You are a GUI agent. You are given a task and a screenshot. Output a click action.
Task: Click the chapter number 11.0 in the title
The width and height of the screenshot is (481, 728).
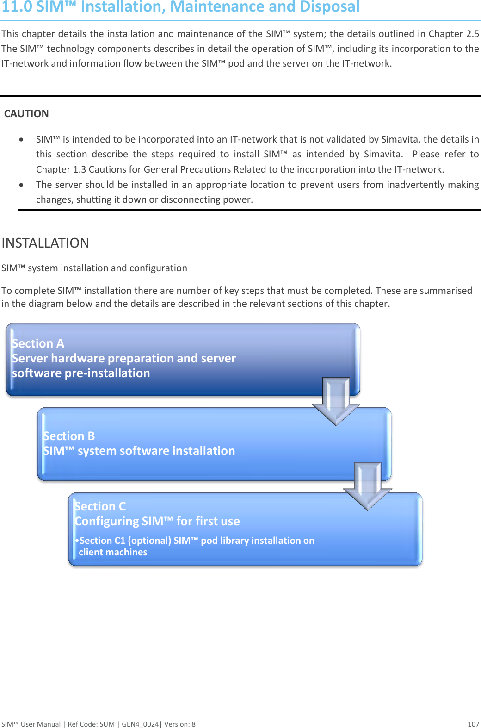17,7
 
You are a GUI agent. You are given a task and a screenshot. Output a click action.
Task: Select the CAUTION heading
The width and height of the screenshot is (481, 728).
26,114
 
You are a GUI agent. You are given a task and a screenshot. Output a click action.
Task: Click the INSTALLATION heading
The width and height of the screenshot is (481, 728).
45,243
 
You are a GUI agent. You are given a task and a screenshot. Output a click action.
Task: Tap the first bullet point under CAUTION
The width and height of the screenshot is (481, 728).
21,139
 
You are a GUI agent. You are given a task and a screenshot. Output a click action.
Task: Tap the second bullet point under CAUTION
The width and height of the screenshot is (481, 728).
21,185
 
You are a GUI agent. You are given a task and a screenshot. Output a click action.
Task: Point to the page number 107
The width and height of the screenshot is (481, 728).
473,724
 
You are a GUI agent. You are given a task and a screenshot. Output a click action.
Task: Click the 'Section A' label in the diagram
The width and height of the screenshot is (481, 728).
38,343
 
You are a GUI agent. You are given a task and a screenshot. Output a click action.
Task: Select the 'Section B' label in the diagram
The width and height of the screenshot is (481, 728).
69,436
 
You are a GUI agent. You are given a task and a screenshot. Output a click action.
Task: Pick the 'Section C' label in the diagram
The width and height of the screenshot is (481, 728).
100,506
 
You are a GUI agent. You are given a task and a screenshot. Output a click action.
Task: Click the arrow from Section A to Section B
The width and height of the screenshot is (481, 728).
336,400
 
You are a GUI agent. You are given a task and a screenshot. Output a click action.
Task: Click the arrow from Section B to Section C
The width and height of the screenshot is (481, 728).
368,485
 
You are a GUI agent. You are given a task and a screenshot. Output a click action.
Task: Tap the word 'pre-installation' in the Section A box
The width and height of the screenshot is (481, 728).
107,373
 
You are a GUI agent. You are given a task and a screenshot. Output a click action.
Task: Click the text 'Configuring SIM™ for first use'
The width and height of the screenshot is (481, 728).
157,521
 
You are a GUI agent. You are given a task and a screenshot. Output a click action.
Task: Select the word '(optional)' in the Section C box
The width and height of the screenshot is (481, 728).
149,541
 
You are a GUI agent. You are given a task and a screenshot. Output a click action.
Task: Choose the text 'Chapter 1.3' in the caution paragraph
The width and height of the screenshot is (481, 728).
61,169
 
